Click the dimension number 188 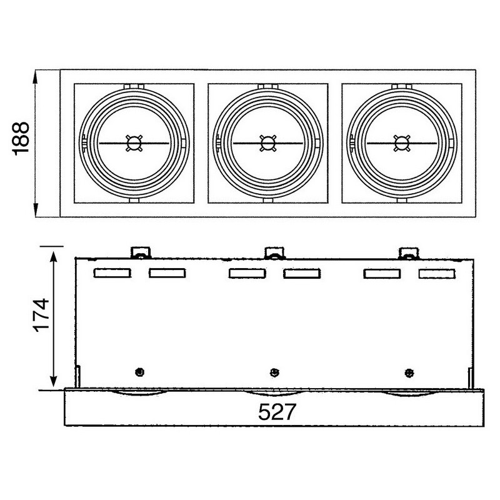coord(21,139)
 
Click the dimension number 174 coord(42,316)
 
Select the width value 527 coord(277,412)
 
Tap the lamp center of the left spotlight coord(134,143)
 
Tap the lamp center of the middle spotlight coord(268,143)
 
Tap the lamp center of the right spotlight coord(402,143)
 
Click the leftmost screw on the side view coord(139,372)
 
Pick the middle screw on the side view coord(274,372)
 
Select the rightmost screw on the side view coord(409,372)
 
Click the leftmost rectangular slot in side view coord(112,273)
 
